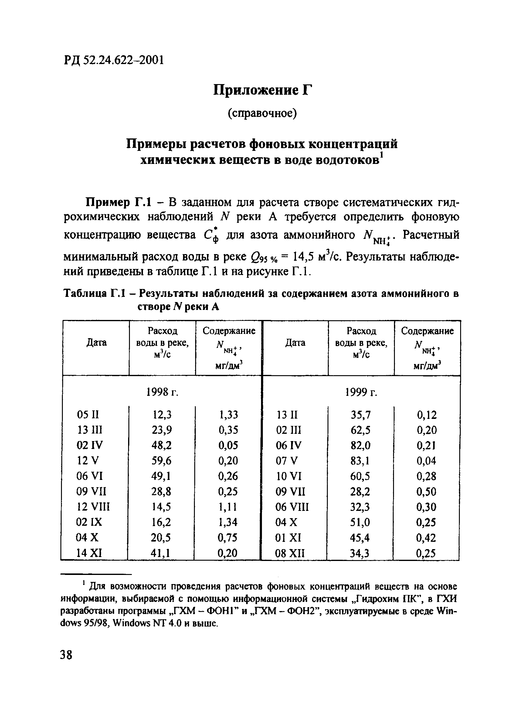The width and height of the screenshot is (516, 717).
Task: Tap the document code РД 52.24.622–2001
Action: point(114,60)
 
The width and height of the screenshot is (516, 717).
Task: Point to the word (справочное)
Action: point(263,113)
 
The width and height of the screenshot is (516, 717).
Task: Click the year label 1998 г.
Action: point(162,392)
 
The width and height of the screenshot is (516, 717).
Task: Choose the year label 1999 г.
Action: point(361,392)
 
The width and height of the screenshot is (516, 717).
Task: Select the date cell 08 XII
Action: point(290,553)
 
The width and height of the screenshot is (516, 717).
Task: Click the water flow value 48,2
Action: point(161,445)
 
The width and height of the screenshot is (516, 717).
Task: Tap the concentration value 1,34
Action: point(228,522)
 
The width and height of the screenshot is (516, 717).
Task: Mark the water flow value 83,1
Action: point(360,461)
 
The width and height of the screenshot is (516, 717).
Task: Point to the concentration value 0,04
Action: point(426,461)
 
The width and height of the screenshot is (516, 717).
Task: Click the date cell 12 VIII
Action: point(93,507)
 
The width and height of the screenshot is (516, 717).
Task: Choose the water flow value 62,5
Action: point(360,430)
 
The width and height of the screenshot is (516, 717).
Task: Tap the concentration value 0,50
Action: point(426,491)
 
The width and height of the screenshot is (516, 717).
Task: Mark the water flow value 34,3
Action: point(360,553)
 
